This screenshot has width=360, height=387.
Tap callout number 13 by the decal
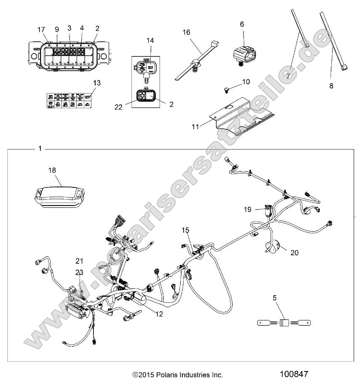click(x=97, y=83)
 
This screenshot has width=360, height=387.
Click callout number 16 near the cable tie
click(x=186, y=32)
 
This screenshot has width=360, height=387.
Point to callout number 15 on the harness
click(x=186, y=230)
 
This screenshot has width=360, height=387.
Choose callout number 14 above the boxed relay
click(x=151, y=40)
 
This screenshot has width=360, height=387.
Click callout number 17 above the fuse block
click(x=41, y=29)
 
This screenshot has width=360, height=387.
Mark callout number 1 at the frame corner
click(x=40, y=149)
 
